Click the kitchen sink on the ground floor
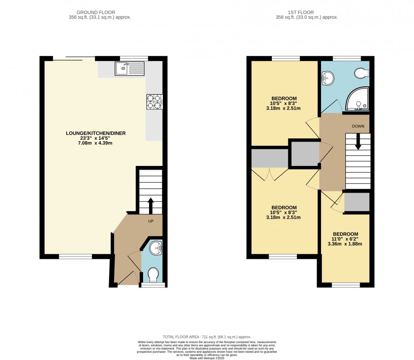point(130,69)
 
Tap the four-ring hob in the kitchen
point(155,102)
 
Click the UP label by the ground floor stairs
point(151,221)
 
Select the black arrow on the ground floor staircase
point(150,206)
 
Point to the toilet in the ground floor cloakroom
point(153,275)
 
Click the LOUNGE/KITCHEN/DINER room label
point(96,133)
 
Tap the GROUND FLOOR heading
point(96,12)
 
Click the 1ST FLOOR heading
point(301,12)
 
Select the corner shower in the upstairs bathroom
point(357,98)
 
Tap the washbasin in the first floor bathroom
point(328,78)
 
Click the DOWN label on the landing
point(358,126)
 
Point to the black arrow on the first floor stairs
point(358,142)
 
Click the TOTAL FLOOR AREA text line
point(207,337)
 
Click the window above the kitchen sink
point(134,58)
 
